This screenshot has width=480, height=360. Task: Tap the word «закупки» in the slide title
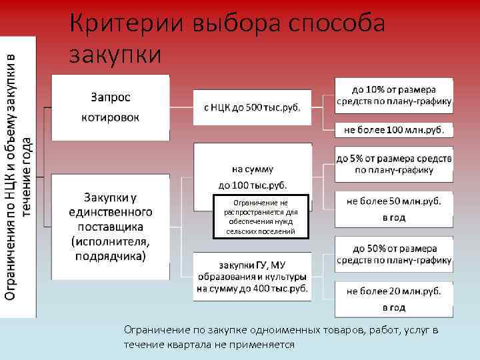pos(115,53)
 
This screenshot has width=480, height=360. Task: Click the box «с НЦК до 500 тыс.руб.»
pos(252,107)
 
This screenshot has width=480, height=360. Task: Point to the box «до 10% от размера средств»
pos(393,95)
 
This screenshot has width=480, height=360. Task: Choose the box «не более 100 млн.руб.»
pos(393,129)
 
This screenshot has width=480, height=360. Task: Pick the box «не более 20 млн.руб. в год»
pos(393,299)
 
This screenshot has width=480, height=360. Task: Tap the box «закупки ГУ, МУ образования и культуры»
pos(252,275)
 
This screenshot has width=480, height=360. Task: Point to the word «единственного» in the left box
pos(111,211)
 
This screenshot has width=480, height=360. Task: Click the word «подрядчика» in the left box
pos(111,255)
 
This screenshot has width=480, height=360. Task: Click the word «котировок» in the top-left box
pos(111,117)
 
